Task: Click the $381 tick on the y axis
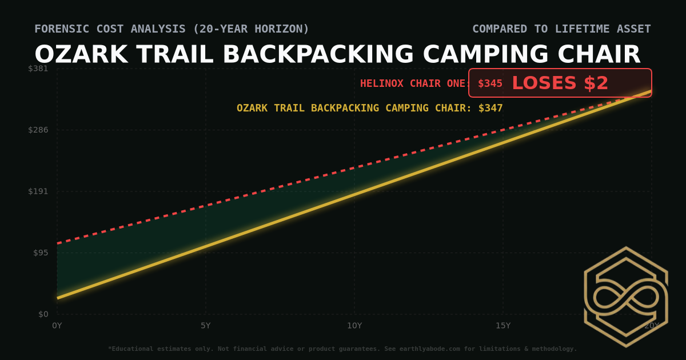(38, 69)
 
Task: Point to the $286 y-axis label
(38, 130)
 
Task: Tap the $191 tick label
(38, 191)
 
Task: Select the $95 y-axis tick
(41, 253)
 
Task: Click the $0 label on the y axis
(43, 314)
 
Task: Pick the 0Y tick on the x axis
(57, 326)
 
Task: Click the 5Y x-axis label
(206, 326)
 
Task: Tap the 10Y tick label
(354, 326)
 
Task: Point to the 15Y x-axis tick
(503, 326)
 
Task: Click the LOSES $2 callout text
(560, 83)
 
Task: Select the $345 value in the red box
(490, 83)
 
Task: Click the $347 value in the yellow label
(490, 108)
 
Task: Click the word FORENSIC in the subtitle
(59, 29)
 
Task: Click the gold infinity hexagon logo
(625, 297)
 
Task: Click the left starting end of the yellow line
(58, 298)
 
